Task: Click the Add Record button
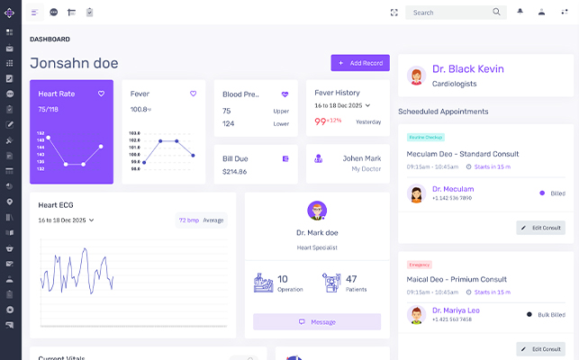pos(360,63)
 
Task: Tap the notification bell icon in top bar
pos(520,12)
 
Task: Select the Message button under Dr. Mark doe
pos(317,321)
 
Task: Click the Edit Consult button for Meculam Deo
pos(540,228)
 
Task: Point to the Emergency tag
pos(420,265)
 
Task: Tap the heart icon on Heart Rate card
pos(102,94)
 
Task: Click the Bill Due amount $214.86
pos(234,171)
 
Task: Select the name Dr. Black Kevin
pos(467,69)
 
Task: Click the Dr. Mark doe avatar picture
pos(317,211)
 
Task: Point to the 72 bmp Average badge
pos(201,220)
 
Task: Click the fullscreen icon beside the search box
pos(394,13)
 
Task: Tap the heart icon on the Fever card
pos(193,94)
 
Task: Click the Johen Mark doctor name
pos(363,158)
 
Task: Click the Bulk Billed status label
pos(551,315)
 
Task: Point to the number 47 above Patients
pos(351,279)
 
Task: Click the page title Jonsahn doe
pos(74,63)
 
